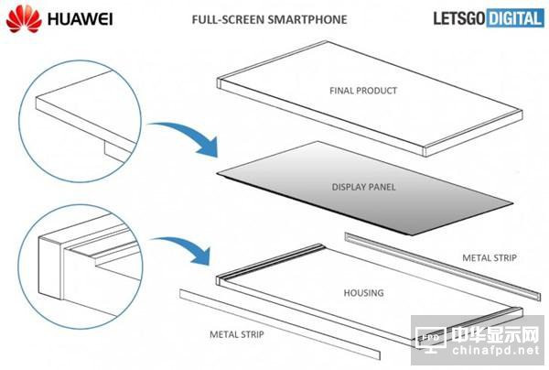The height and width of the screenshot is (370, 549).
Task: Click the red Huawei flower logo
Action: (x=24, y=19)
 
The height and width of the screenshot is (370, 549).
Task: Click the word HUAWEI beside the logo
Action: (x=81, y=19)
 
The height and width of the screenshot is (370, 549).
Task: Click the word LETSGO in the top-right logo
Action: (x=459, y=18)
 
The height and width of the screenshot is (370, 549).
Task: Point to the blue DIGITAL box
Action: (x=514, y=18)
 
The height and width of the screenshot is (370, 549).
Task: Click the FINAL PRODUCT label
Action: (x=363, y=91)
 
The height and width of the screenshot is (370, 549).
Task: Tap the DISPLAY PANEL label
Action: (x=363, y=187)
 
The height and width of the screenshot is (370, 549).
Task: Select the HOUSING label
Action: (x=363, y=293)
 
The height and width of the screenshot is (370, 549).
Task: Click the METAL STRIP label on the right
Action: (x=490, y=258)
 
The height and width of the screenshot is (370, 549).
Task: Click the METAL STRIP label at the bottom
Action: (x=237, y=334)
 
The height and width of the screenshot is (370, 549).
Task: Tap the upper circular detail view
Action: (x=80, y=121)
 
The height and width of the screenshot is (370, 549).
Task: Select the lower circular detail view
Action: (x=81, y=267)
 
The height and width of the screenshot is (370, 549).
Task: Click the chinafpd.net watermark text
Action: (x=496, y=350)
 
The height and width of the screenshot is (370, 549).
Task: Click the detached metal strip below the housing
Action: (x=280, y=324)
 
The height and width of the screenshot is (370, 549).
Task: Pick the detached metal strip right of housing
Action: (x=443, y=267)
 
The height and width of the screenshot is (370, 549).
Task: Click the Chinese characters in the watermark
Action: (x=495, y=335)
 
